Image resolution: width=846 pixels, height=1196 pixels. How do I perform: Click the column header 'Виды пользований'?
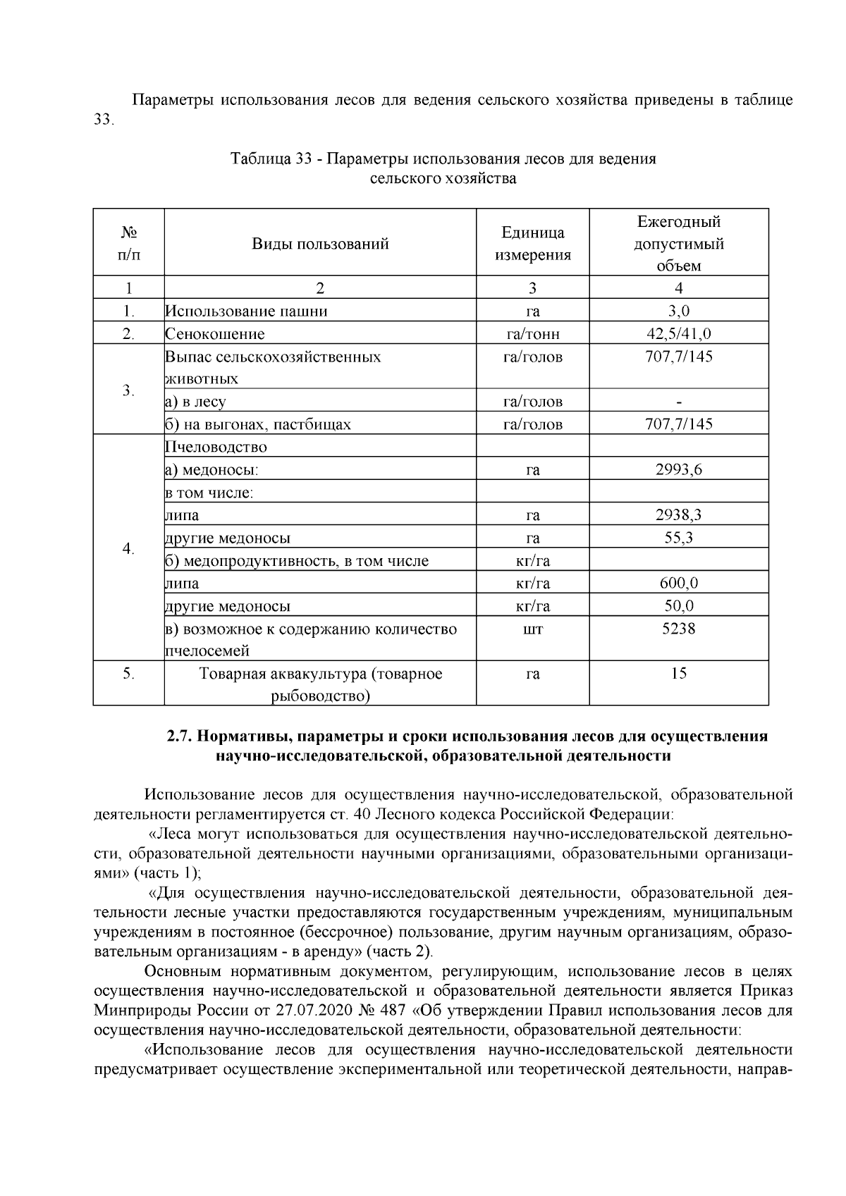(320, 244)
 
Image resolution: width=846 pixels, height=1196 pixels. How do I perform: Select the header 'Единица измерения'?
(532, 244)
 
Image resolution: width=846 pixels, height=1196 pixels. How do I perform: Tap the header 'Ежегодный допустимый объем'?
(678, 244)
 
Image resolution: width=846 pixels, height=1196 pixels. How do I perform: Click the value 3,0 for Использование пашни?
(678, 311)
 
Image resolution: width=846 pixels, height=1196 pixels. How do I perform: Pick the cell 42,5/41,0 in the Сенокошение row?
(678, 333)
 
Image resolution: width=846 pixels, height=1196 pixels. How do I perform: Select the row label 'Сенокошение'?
(216, 334)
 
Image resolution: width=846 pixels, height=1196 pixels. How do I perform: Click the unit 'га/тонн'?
(532, 334)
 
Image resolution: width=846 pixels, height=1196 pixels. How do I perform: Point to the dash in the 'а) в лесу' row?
(678, 402)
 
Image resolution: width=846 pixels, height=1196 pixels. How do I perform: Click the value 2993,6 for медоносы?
(678, 470)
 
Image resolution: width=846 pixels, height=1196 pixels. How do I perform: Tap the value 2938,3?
(678, 515)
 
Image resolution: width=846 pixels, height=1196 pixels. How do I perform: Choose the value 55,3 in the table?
(678, 538)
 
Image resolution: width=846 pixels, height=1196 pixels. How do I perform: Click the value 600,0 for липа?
(678, 584)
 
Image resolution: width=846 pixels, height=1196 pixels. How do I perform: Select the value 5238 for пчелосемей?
(678, 629)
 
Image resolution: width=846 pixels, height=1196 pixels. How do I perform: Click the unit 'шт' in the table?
(532, 629)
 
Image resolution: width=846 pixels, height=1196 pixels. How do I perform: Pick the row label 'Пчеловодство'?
(216, 448)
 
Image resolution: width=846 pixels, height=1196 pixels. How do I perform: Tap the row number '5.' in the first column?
(128, 674)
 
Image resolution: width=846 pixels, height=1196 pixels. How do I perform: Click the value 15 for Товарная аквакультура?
(678, 674)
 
